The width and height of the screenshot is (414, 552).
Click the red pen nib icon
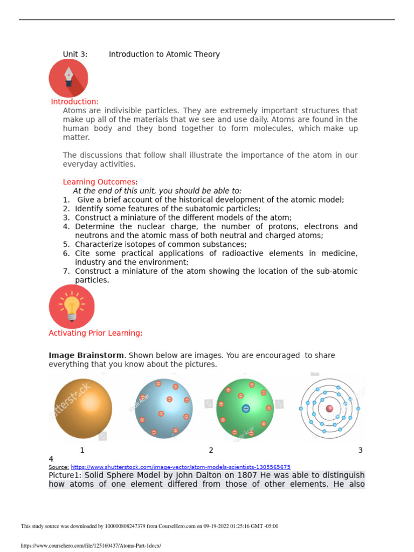pyautogui.click(x=68, y=78)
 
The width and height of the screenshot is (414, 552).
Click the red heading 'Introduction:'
pyautogui.click(x=75, y=102)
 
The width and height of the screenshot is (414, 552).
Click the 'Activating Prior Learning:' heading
pyautogui.click(x=95, y=333)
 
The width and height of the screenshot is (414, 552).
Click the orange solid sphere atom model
pyautogui.click(x=81, y=408)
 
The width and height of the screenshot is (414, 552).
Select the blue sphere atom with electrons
pyautogui.click(x=163, y=408)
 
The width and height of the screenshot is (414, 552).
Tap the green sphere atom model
pyautogui.click(x=245, y=408)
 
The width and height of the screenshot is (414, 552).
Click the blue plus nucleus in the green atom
pyautogui.click(x=246, y=409)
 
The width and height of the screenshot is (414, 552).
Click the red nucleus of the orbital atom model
pyautogui.click(x=329, y=409)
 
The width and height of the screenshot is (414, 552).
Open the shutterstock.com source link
pyautogui.click(x=181, y=467)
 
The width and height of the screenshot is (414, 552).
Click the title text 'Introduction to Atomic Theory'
pyautogui.click(x=164, y=54)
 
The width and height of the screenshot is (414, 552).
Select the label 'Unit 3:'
pyautogui.click(x=75, y=54)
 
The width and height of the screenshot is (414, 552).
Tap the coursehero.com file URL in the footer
pyautogui.click(x=91, y=546)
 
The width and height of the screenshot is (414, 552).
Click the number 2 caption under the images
pyautogui.click(x=211, y=450)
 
